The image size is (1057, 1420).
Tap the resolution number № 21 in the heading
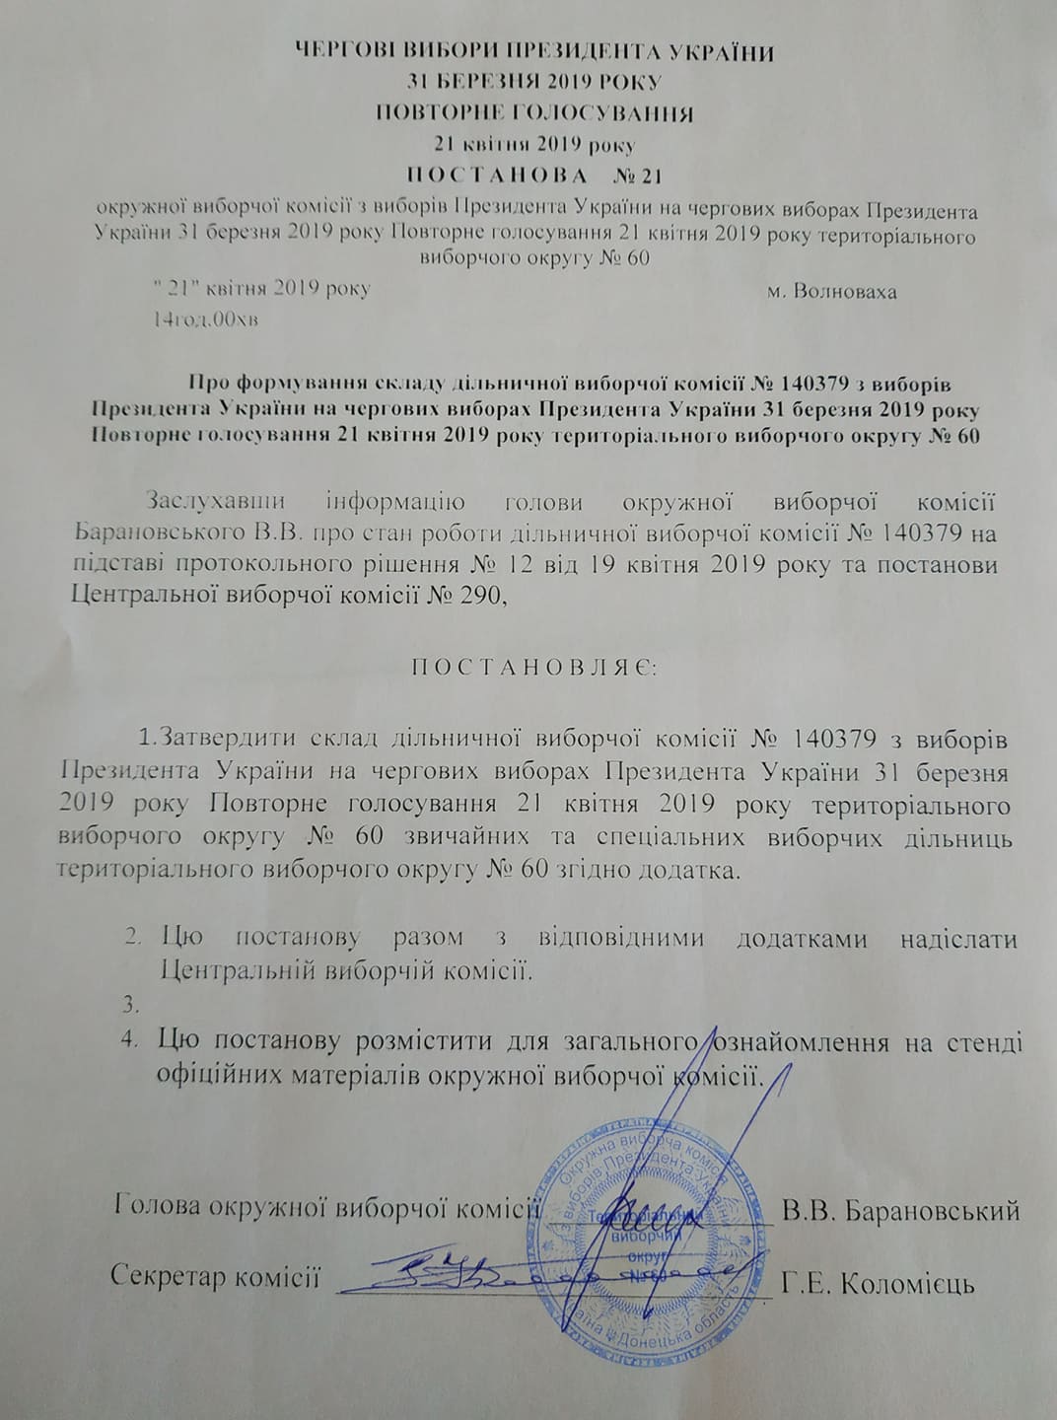[635, 177]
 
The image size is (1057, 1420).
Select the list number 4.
[130, 1040]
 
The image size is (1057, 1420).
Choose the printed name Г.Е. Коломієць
[878, 1285]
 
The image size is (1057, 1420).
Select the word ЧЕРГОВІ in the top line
[353, 52]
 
